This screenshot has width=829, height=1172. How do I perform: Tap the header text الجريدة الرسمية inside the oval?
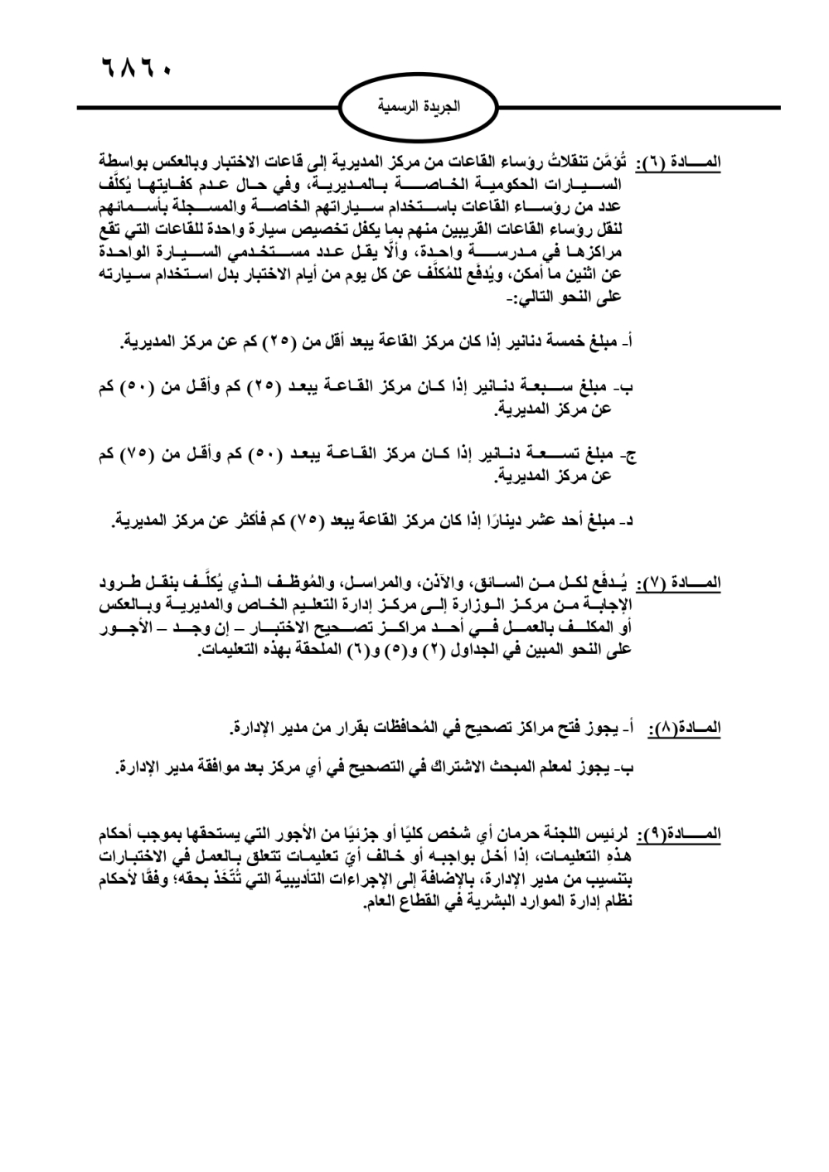419,108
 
